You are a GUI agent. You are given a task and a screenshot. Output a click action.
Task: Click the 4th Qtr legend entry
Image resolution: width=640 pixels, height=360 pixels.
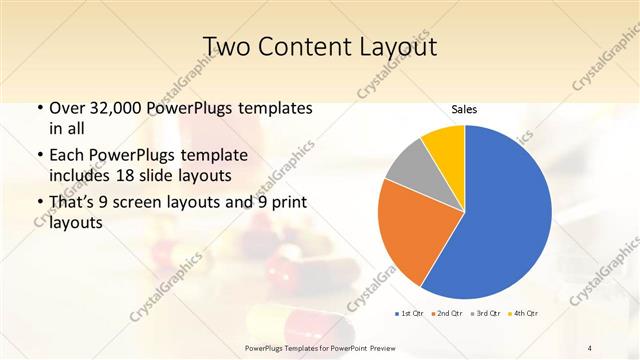pos(523,313)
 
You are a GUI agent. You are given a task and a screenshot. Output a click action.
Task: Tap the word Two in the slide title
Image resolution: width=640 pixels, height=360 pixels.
pos(226,47)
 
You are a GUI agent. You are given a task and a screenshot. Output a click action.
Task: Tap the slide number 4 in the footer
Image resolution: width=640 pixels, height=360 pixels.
pos(589,347)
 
